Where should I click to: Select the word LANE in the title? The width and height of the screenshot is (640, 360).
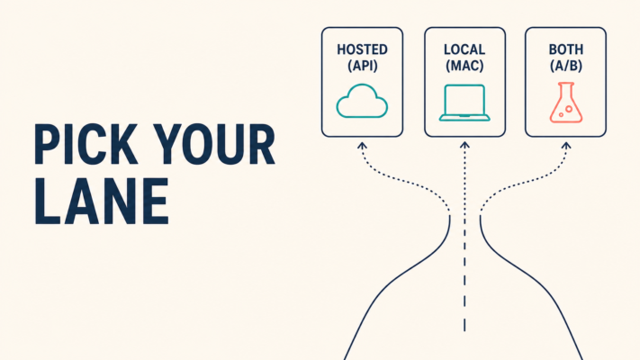[102, 202]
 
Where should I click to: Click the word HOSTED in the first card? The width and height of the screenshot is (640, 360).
[362, 49]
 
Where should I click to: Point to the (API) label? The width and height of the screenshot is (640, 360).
[363, 66]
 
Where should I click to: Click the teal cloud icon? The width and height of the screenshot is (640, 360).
[362, 101]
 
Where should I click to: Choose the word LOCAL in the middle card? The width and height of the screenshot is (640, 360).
[464, 49]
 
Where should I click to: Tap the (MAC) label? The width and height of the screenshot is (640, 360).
[464, 66]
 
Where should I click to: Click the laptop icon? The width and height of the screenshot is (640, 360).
[464, 103]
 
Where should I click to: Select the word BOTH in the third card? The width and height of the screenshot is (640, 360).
[565, 49]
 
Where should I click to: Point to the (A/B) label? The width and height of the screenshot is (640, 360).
[565, 66]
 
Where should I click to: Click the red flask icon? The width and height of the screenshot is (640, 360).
[565, 102]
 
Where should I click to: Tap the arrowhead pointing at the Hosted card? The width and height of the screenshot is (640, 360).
[362, 145]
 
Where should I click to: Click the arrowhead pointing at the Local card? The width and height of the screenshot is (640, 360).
[464, 145]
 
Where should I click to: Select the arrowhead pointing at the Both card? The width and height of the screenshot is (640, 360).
[565, 145]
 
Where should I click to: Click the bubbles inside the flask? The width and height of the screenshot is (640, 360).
[566, 111]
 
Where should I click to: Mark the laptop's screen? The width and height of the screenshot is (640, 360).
[464, 100]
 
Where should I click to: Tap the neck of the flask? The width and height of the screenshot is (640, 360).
[565, 90]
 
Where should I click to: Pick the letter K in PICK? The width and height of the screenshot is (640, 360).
[123, 144]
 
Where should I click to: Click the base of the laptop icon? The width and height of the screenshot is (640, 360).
[464, 119]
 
